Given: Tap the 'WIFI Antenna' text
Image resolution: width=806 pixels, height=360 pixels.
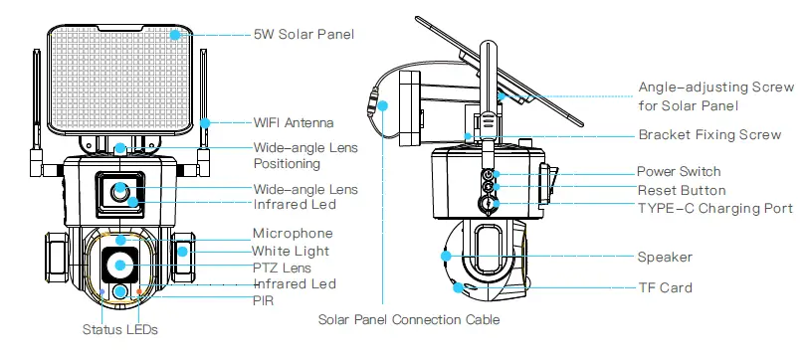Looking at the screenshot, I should (x=294, y=122).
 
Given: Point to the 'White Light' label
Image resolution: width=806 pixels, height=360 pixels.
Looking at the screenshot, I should (x=290, y=251).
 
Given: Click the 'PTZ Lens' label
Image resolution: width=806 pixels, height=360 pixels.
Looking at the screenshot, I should (x=282, y=268).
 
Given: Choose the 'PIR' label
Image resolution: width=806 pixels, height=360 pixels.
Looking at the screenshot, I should (x=263, y=298).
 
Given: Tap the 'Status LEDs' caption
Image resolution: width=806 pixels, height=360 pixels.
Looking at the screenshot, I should (x=118, y=328).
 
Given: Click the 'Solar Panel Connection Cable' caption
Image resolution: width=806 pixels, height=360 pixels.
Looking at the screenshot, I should (x=408, y=320).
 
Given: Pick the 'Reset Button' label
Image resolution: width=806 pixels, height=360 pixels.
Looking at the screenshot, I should (x=682, y=190).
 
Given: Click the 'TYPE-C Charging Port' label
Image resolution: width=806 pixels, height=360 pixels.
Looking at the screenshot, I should (x=714, y=208).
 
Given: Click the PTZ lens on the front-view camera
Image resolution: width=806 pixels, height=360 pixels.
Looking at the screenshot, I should (x=120, y=265).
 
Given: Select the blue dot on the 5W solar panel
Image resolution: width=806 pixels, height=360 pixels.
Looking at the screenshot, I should (x=175, y=34).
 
